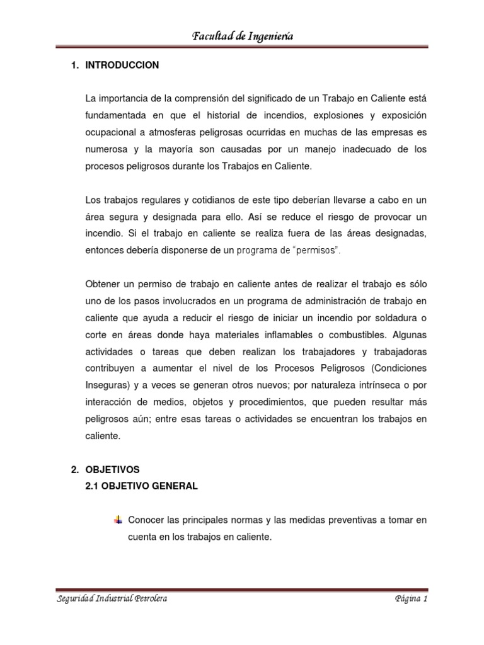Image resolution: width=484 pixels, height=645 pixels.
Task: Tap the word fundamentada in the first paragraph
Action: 113,117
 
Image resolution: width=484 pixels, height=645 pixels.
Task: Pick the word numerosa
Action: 105,150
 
